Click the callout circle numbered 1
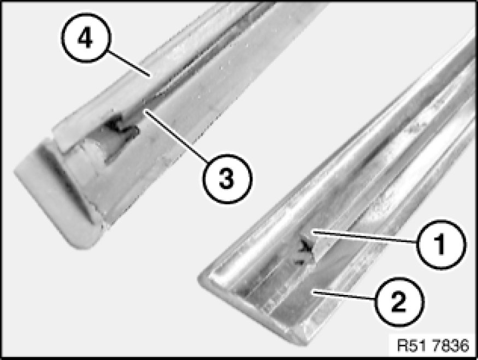[441, 244]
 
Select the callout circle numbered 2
[399, 302]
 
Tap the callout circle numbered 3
[227, 178]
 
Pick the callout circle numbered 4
[86, 38]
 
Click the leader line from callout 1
[364, 238]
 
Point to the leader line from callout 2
[343, 296]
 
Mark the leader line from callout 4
[128, 63]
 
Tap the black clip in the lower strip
[304, 250]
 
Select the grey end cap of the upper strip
[58, 195]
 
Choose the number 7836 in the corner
[451, 346]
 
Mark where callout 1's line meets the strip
[313, 232]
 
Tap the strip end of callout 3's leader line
[145, 111]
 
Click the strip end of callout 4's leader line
[149, 75]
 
